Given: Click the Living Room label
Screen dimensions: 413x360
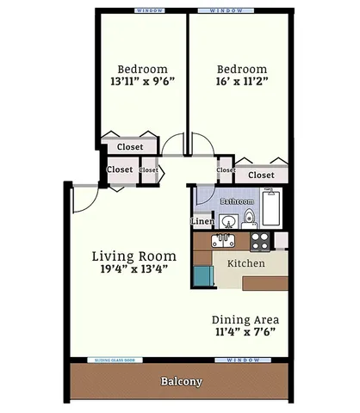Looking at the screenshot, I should tap(133, 256).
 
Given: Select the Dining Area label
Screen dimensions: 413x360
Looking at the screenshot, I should tap(245, 318).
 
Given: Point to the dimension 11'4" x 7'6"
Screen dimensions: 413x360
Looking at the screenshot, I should tap(245, 331).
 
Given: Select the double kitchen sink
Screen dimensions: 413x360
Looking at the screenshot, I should tap(224, 239).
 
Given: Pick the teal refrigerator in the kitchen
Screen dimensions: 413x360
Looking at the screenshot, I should tap(202, 276).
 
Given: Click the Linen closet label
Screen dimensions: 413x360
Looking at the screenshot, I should tap(202, 221).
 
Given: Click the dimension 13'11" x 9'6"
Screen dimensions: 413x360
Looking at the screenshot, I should tap(141, 83).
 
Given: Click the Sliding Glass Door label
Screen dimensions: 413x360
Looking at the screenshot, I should tap(119, 361).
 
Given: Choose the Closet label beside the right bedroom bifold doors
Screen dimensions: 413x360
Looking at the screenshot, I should tap(260, 175).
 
